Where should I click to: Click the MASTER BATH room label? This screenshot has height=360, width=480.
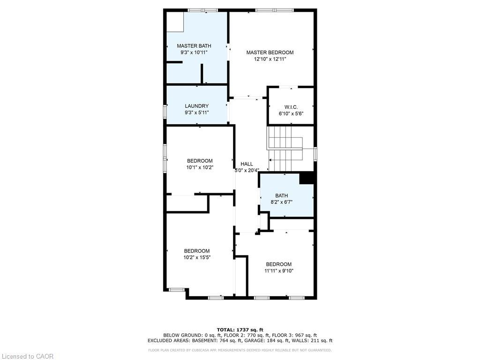194,46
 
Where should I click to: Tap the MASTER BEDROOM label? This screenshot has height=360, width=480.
270,52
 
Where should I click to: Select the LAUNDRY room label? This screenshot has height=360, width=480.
196,106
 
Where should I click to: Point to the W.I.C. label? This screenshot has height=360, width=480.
291,107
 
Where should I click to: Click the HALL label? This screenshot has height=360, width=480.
247,164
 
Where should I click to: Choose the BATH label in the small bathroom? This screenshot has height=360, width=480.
282,195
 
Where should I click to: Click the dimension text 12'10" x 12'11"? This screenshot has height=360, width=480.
270,60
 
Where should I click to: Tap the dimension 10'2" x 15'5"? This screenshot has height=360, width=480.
197,257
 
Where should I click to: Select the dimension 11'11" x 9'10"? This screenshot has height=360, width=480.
278,271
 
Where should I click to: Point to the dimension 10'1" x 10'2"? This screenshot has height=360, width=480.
200,167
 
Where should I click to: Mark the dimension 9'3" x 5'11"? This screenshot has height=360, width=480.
196,112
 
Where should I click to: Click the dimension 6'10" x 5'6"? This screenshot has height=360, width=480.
291,114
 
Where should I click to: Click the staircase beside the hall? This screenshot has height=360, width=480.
285,149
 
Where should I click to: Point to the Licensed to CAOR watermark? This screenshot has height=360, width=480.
27,356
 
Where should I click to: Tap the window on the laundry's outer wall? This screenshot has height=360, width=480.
165,112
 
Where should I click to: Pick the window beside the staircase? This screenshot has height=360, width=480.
315,153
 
